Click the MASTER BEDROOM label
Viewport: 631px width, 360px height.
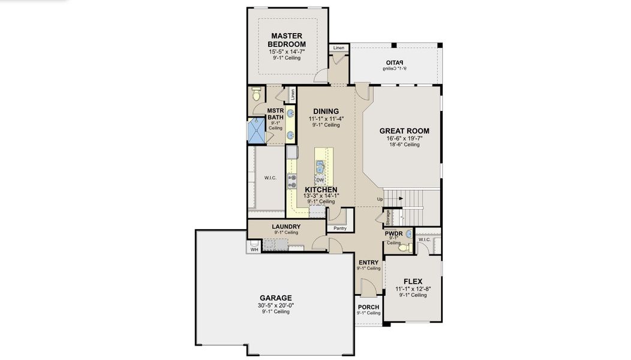286,40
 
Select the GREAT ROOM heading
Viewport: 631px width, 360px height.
404,131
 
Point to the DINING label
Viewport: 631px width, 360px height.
326,111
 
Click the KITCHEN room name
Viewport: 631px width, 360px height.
320,189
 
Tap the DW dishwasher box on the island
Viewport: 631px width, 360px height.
320,180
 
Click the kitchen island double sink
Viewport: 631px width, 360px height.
320,166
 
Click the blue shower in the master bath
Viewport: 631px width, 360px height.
256,131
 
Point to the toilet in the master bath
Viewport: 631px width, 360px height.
257,94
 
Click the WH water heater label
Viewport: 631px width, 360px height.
254,250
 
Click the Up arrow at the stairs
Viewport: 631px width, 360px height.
380,199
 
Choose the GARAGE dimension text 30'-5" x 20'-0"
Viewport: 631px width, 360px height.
276,305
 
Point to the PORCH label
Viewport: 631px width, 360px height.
368,307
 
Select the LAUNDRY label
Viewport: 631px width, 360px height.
286,226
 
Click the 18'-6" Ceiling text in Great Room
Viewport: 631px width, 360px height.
404,145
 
